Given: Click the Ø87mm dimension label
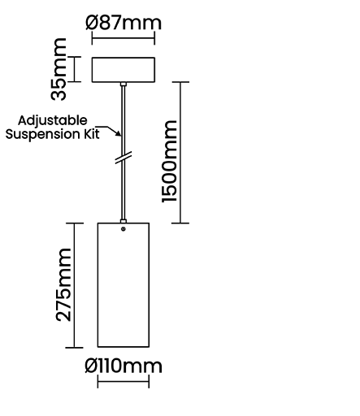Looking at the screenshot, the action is click(124, 23).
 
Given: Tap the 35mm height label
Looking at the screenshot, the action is click(59, 69).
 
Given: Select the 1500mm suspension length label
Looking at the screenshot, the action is click(170, 161).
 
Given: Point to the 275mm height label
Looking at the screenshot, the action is click(63, 284).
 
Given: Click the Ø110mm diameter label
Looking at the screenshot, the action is click(124, 366).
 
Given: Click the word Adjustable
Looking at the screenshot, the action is click(53, 120).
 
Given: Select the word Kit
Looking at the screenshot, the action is click(92, 134).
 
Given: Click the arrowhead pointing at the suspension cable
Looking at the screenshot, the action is click(119, 133).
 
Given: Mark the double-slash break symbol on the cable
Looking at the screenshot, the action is click(124, 158).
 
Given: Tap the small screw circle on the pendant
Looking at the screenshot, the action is click(124, 229).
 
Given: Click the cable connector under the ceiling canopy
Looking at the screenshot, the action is click(124, 84).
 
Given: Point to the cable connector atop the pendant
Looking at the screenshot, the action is click(124, 221).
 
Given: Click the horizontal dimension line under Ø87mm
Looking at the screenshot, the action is click(124, 38).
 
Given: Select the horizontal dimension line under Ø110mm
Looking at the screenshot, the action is click(124, 381).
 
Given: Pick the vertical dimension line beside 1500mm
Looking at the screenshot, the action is click(180, 152).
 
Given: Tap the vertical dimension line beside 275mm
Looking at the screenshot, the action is click(75, 285).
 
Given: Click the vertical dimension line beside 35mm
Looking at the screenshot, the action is click(75, 69).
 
